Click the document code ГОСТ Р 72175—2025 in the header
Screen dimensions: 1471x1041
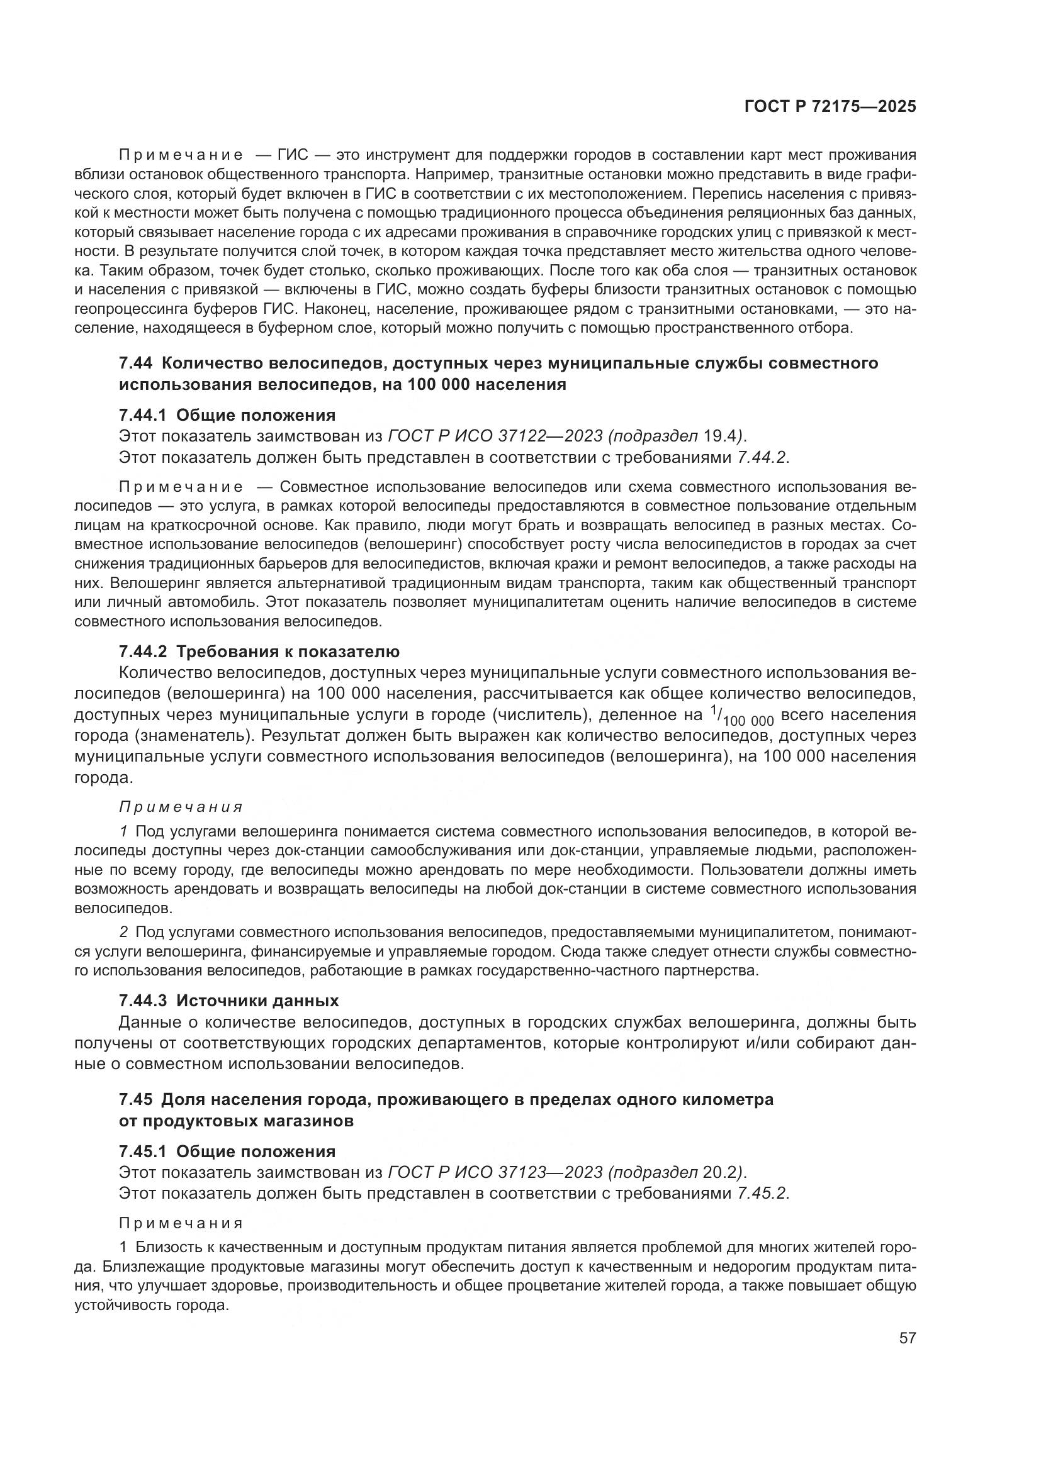click(x=830, y=106)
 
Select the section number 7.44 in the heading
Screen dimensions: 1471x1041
click(x=135, y=364)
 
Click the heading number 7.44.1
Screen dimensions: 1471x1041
click(x=142, y=415)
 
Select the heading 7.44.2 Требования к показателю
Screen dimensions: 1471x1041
click(x=259, y=652)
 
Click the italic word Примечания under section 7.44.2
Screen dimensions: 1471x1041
click(x=181, y=807)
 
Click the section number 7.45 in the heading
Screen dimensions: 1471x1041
click(x=135, y=1099)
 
